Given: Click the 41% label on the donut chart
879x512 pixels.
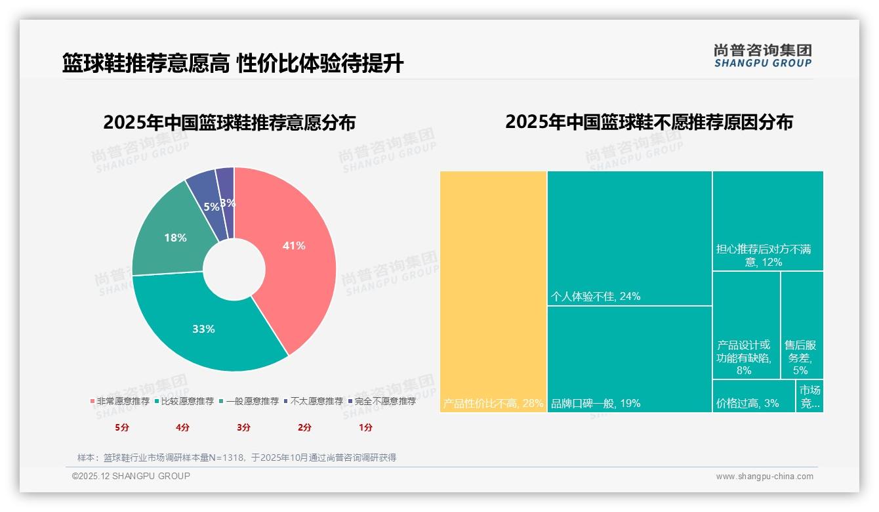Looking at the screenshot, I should (294, 245).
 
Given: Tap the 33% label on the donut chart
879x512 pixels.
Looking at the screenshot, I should (203, 329).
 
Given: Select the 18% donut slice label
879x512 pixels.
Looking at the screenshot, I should (175, 238).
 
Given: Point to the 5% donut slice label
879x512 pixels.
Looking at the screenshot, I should (211, 207).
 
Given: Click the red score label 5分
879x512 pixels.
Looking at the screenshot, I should (122, 427).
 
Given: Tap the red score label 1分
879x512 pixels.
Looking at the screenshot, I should (365, 427).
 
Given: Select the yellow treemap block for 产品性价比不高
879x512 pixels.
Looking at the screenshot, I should (493, 289).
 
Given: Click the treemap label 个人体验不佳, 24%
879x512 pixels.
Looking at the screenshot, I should (596, 296).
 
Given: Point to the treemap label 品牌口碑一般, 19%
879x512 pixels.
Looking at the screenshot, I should (596, 403).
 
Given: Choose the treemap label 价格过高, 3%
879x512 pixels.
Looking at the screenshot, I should (747, 403).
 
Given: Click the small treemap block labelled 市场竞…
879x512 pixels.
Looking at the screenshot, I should (809, 396).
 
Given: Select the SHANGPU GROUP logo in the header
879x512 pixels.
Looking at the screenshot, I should (762, 56).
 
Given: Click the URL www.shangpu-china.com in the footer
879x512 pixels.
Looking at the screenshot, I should (764, 477).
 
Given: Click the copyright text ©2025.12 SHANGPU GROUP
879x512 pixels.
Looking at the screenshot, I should (131, 476).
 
